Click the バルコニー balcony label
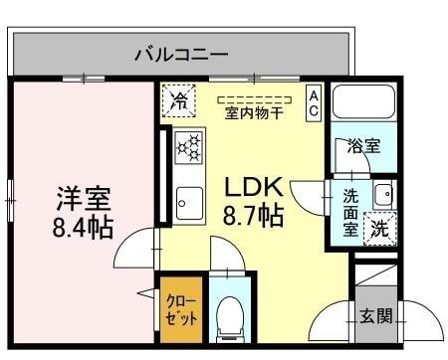coord(181,54)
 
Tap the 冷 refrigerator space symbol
coord(179,99)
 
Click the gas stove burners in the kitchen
coord(188,147)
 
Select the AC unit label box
coord(313,103)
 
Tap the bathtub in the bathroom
coord(363,104)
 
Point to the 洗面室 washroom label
coord(350,211)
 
